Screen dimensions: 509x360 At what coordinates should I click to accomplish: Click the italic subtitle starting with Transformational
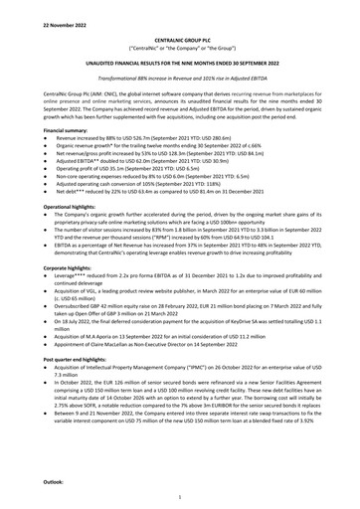(179, 75)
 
